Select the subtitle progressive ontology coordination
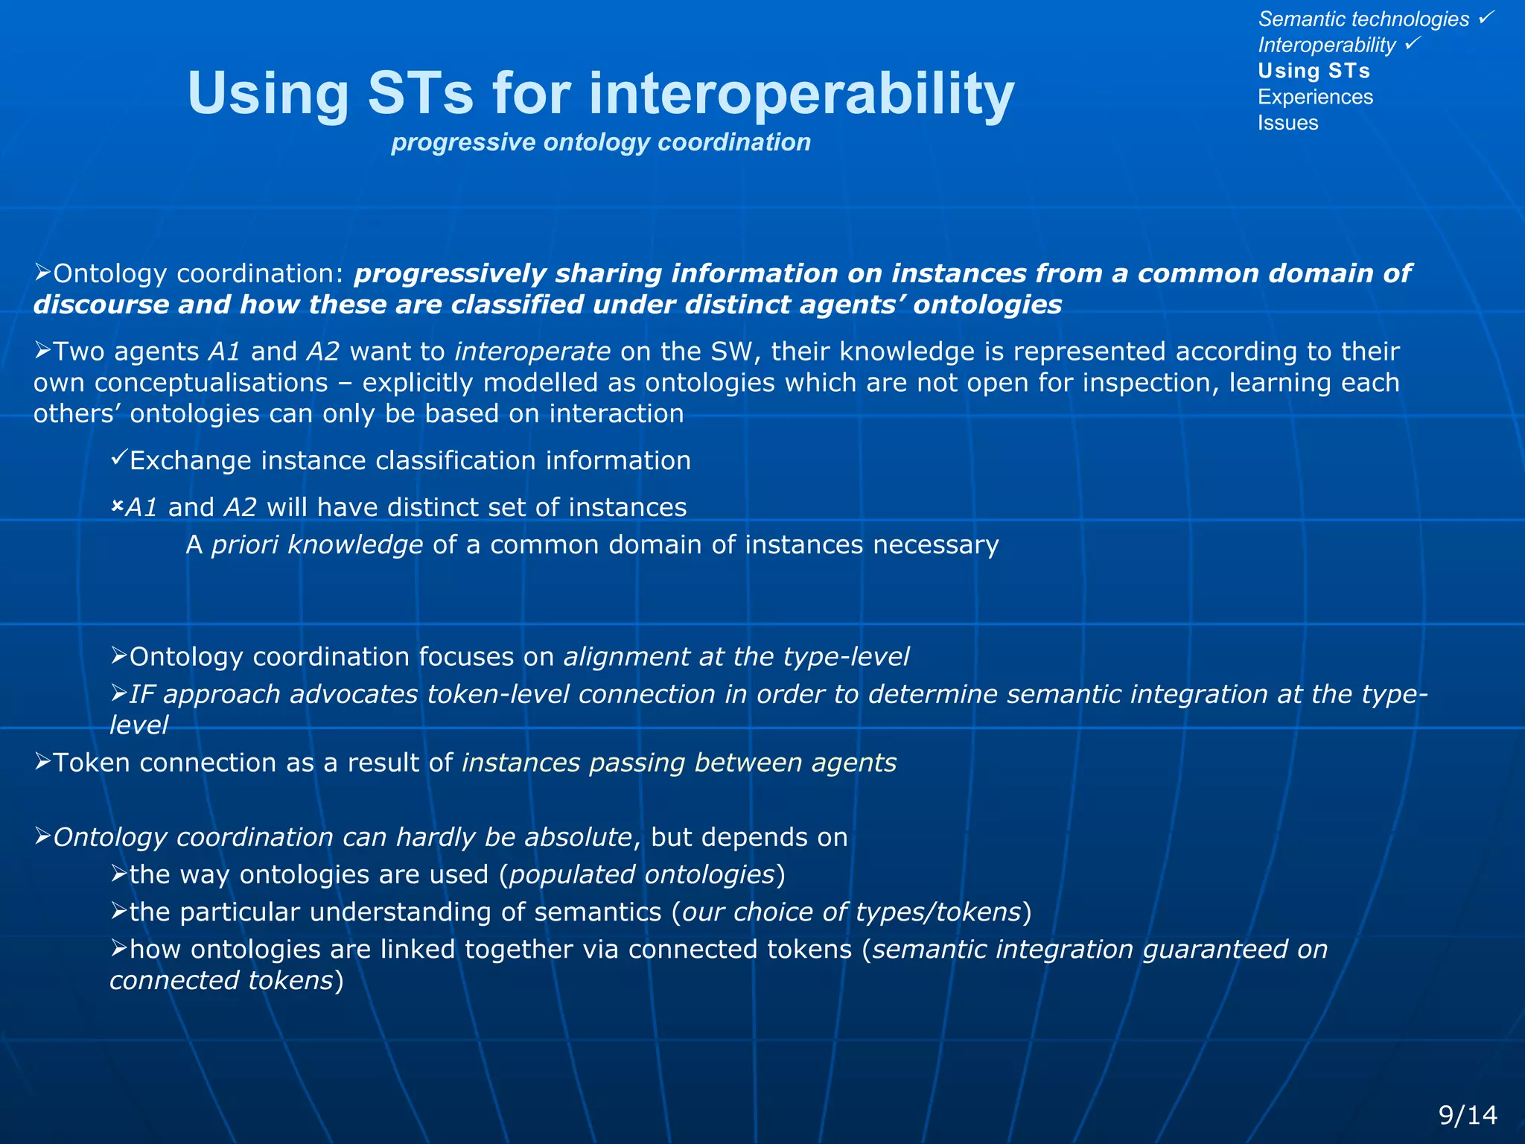[x=600, y=142]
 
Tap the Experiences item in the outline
[x=1315, y=97]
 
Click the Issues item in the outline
[x=1287, y=123]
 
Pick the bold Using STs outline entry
[x=1314, y=71]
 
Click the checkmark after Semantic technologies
[x=1486, y=16]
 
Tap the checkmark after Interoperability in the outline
[x=1413, y=43]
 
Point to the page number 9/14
[x=1468, y=1115]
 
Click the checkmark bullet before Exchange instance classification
[x=118, y=458]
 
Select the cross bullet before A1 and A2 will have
[x=117, y=506]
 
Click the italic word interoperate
[x=532, y=352]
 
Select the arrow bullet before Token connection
[x=42, y=761]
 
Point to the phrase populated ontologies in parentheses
[x=642, y=874]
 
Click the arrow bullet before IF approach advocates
[x=118, y=693]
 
